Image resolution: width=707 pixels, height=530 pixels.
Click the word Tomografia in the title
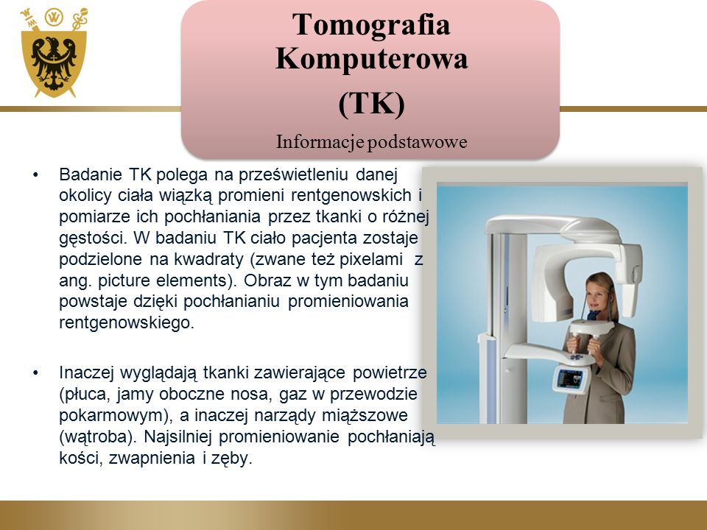(x=371, y=24)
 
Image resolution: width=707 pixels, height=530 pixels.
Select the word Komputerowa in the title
(x=371, y=59)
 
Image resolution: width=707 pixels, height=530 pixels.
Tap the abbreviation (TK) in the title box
(x=371, y=104)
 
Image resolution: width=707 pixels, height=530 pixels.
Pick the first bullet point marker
(x=36, y=174)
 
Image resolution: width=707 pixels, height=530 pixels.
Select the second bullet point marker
(x=36, y=372)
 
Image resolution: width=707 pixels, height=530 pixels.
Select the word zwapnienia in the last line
(x=152, y=458)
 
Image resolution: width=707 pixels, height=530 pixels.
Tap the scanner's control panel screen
(x=569, y=378)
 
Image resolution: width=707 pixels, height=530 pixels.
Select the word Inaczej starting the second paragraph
(x=86, y=372)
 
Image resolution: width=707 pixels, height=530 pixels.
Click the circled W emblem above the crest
(x=54, y=17)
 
